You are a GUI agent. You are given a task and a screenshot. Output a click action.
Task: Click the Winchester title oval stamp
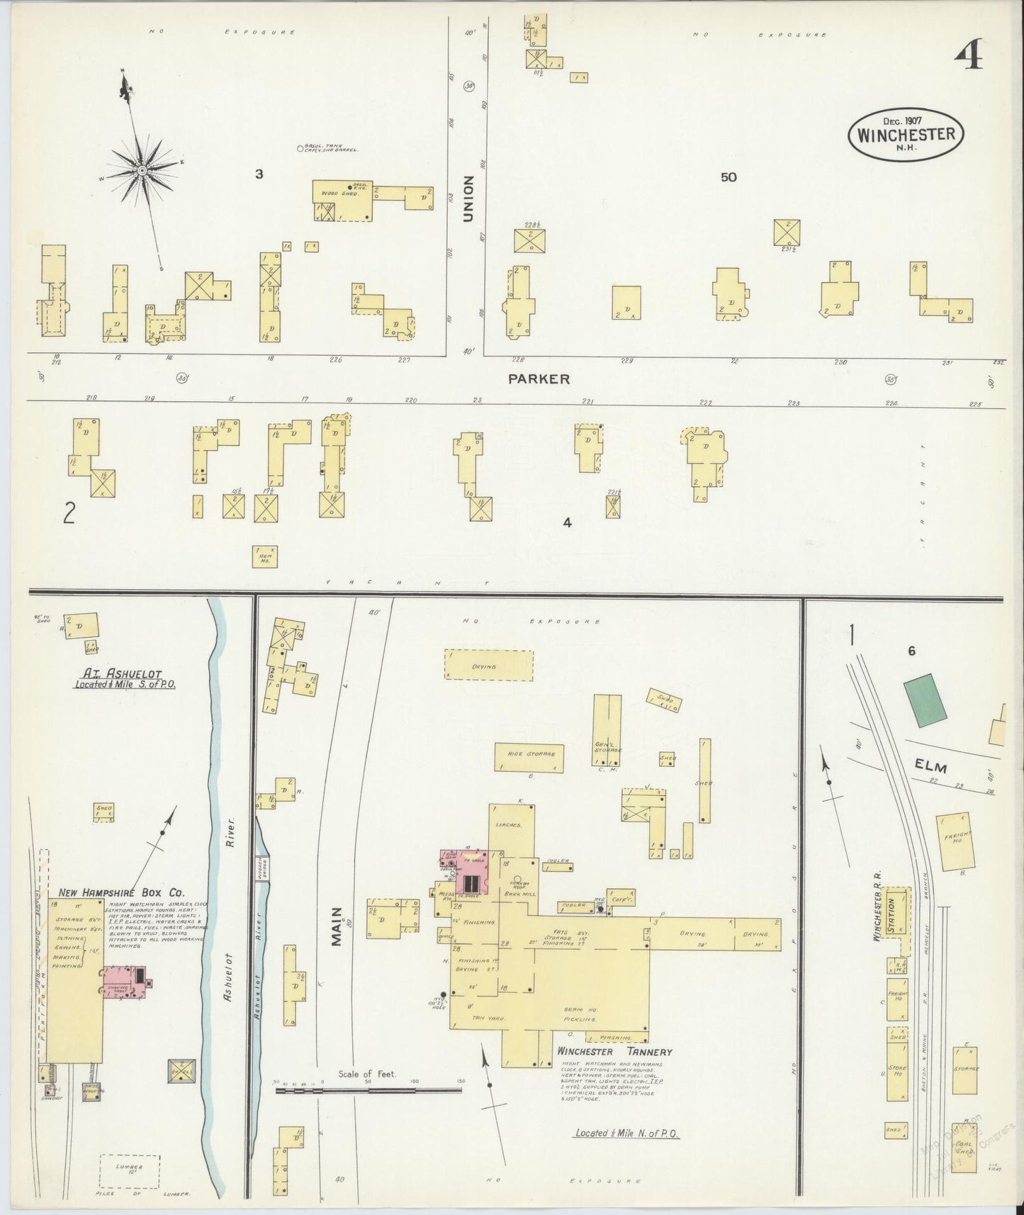point(906,134)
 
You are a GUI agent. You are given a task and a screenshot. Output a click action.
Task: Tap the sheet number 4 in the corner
point(968,55)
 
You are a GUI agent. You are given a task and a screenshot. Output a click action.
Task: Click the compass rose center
point(142,171)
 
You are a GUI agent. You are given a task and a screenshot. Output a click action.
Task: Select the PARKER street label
point(539,379)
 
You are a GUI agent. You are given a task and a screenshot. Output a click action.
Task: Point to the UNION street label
point(467,200)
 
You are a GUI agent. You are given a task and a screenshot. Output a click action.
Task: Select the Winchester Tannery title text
point(614,1052)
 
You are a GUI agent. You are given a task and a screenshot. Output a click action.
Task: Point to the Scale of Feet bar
point(368,1090)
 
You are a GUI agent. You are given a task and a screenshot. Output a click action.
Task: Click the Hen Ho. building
point(265,556)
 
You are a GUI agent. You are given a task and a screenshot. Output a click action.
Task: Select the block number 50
point(728,177)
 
